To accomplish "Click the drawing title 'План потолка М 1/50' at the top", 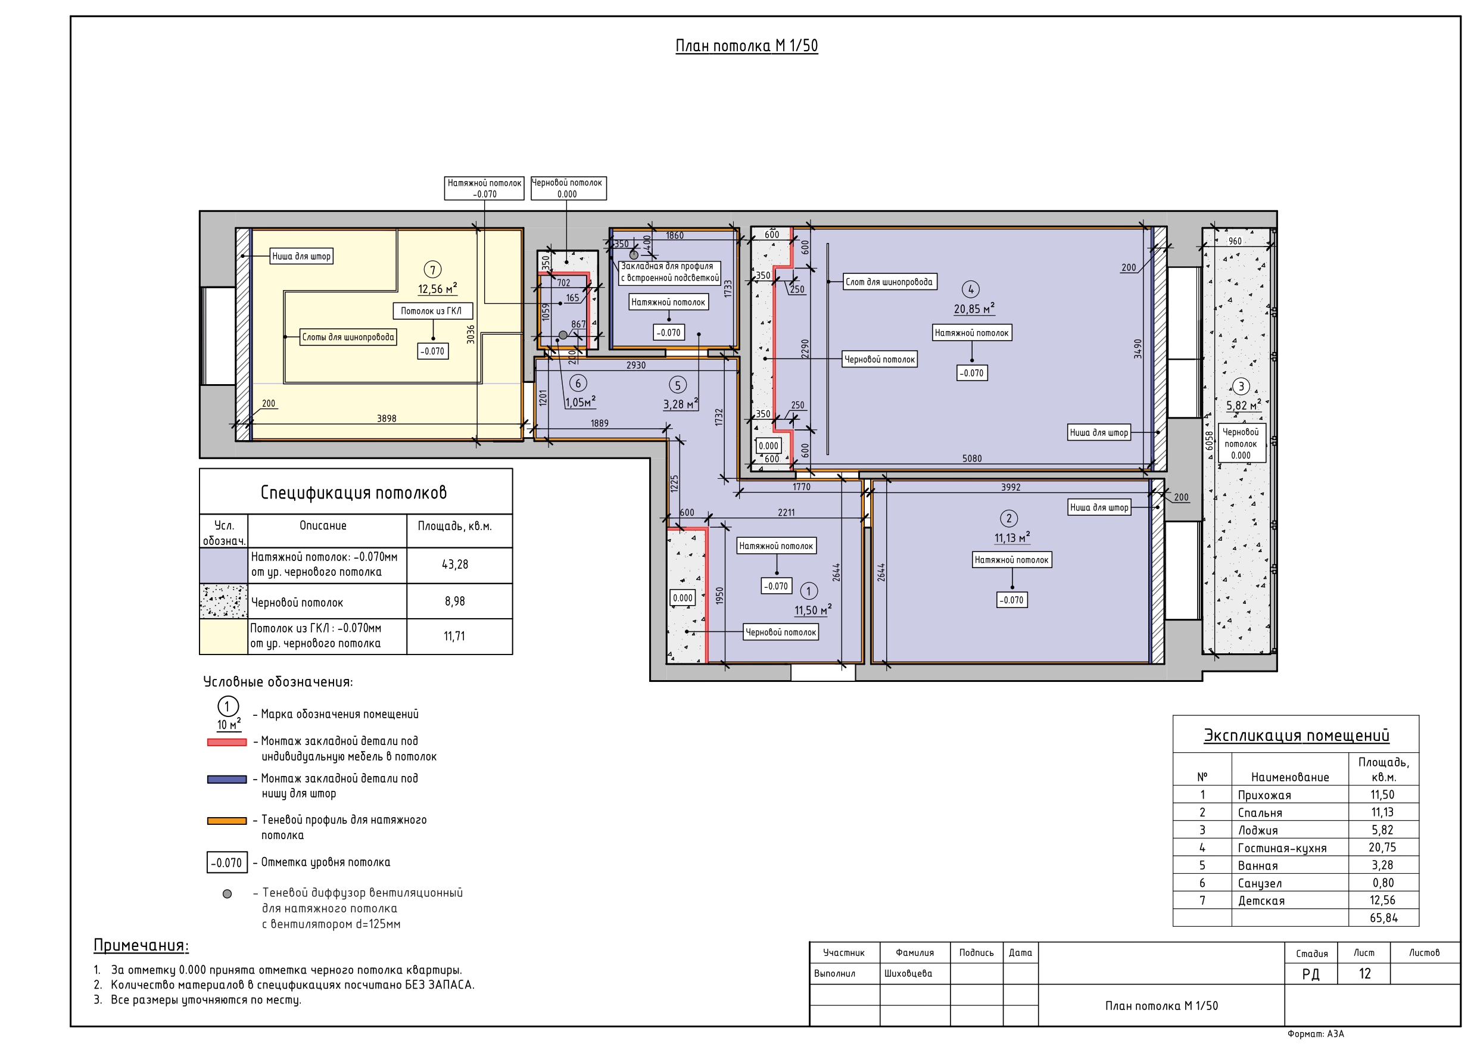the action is point(746,46).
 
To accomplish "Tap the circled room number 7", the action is point(433,270).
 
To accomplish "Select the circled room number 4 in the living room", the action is point(971,289).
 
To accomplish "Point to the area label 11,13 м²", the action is point(1012,537).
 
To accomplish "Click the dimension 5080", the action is point(972,459).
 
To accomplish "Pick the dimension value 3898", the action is point(387,419).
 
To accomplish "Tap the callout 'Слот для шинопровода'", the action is point(889,282).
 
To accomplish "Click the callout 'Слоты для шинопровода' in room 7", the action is point(348,337).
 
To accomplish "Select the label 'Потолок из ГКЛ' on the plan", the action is point(431,311).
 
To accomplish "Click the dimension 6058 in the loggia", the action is point(1210,441).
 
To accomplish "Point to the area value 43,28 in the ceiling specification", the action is point(455,565).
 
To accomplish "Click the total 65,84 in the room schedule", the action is point(1383,918).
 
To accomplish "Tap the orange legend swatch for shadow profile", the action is point(227,821).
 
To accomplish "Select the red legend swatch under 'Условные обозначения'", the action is point(227,742).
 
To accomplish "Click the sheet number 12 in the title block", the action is point(1364,974).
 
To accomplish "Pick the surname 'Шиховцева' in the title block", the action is point(908,973).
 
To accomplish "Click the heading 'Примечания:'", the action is point(141,945).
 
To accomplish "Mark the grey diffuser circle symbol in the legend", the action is point(227,894).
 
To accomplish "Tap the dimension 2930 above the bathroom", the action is point(635,365).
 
